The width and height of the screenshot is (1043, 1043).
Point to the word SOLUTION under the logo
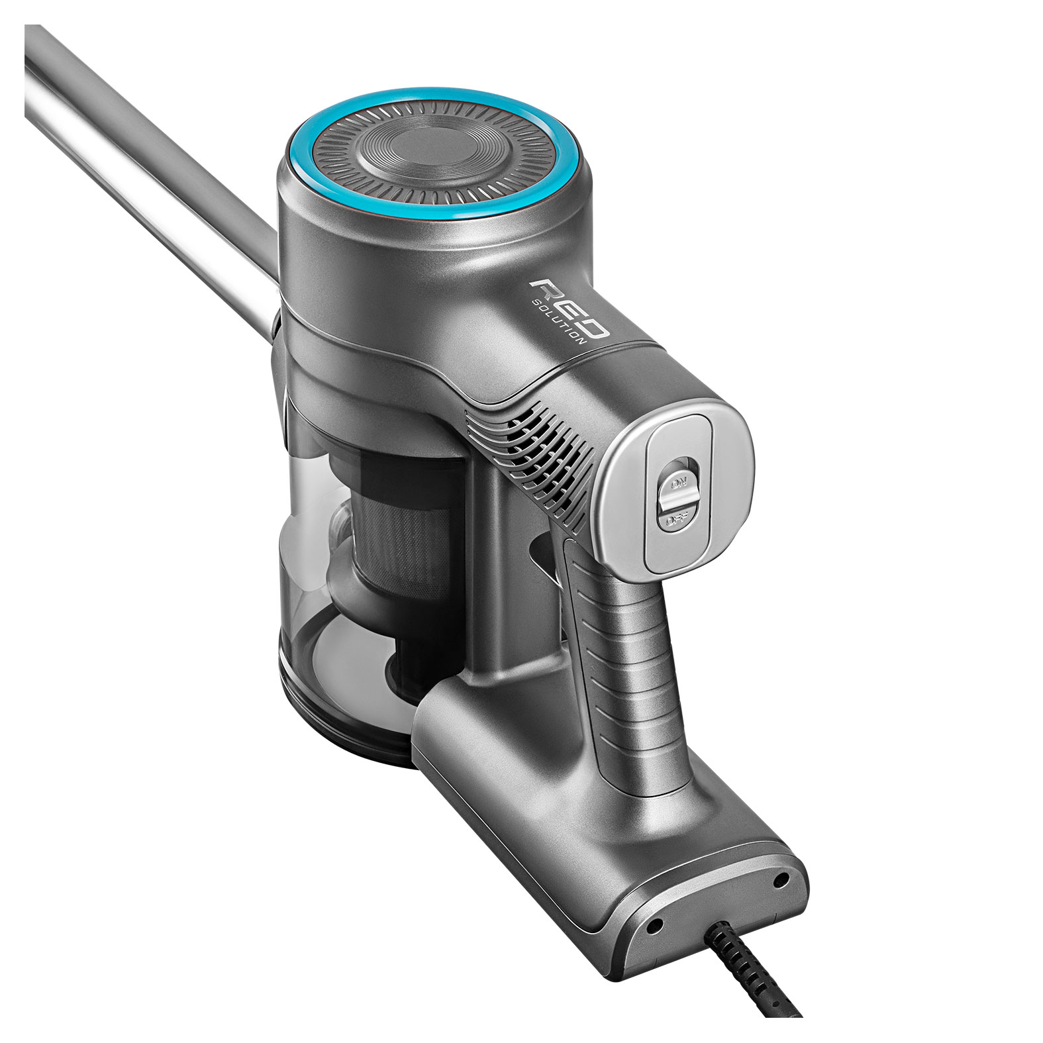(x=559, y=319)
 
